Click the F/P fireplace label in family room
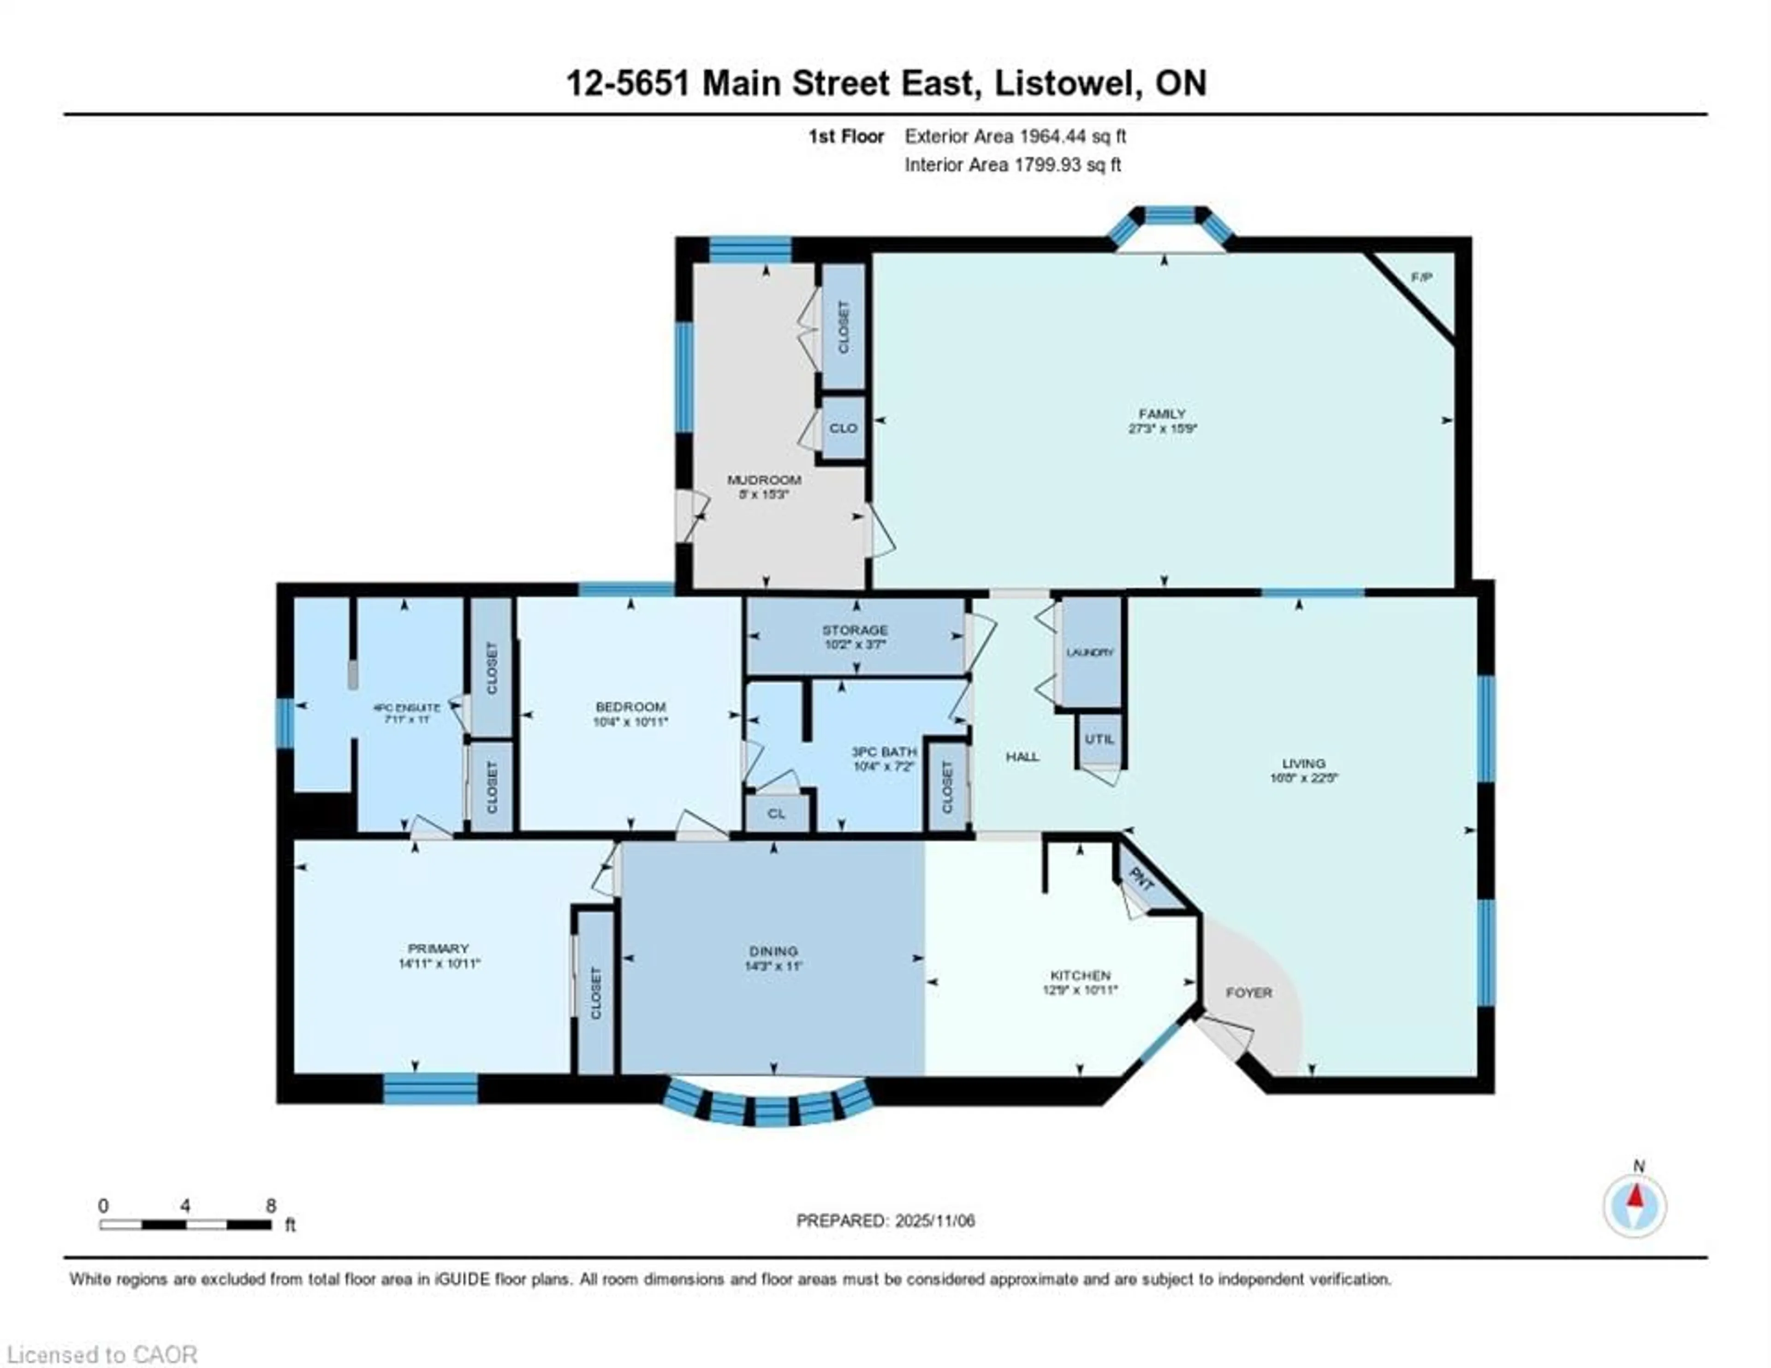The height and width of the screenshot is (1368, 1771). (1420, 277)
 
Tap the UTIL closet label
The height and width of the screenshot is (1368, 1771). (1099, 739)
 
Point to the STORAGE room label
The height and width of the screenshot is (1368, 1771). (855, 630)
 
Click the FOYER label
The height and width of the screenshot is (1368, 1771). (1249, 993)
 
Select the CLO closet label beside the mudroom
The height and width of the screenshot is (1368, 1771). (844, 428)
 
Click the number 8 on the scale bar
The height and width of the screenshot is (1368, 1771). (271, 1206)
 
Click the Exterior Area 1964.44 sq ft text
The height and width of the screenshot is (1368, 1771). (1015, 136)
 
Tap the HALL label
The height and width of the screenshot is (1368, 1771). (1022, 757)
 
